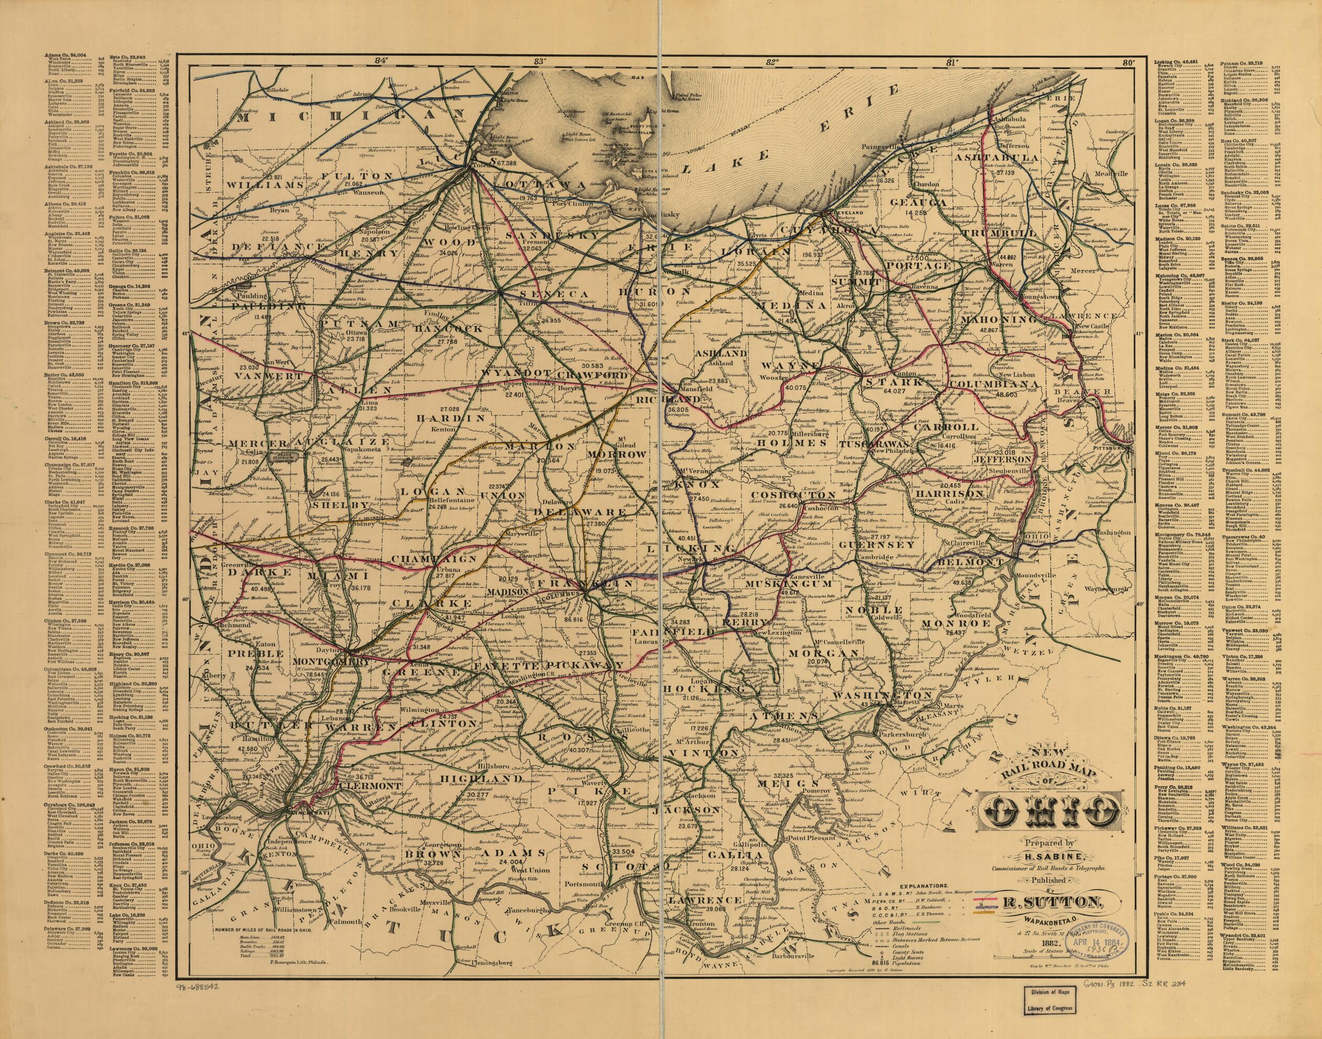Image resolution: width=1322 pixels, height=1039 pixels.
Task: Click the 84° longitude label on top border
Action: click(381, 61)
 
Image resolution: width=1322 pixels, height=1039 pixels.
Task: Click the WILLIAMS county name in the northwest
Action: click(265, 185)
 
